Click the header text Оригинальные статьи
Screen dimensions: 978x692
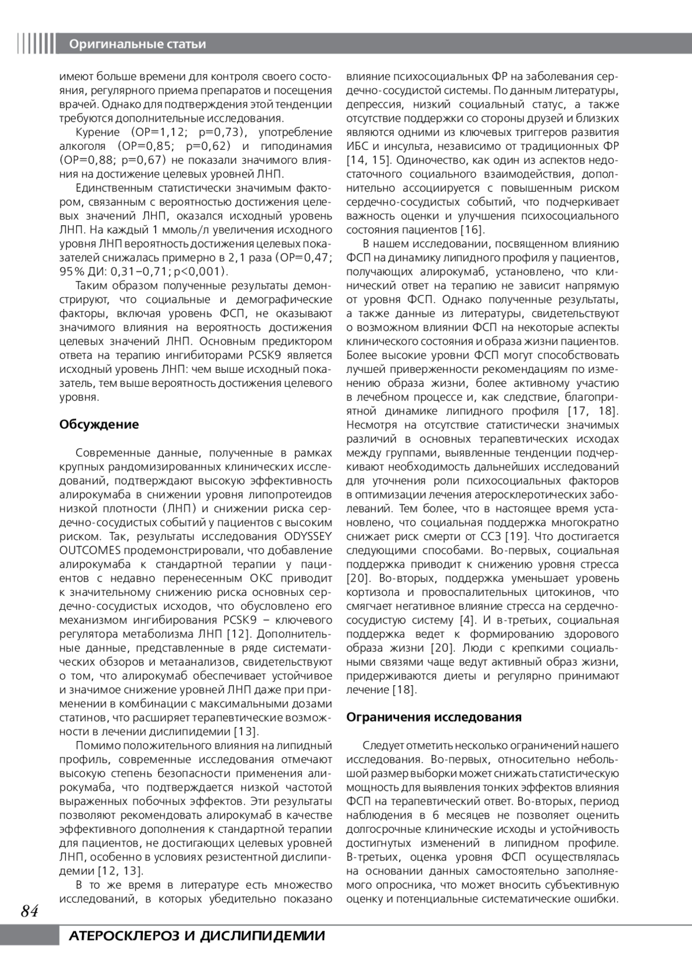click(x=137, y=44)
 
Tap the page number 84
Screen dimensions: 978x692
click(x=29, y=911)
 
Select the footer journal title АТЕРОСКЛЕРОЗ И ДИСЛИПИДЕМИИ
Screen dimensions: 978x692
click(x=196, y=936)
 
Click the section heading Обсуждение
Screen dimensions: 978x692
click(x=99, y=425)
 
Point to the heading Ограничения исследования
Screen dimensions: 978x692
click(x=434, y=717)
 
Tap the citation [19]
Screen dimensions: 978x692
click(x=516, y=537)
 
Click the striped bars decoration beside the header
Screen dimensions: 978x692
click(x=36, y=44)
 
